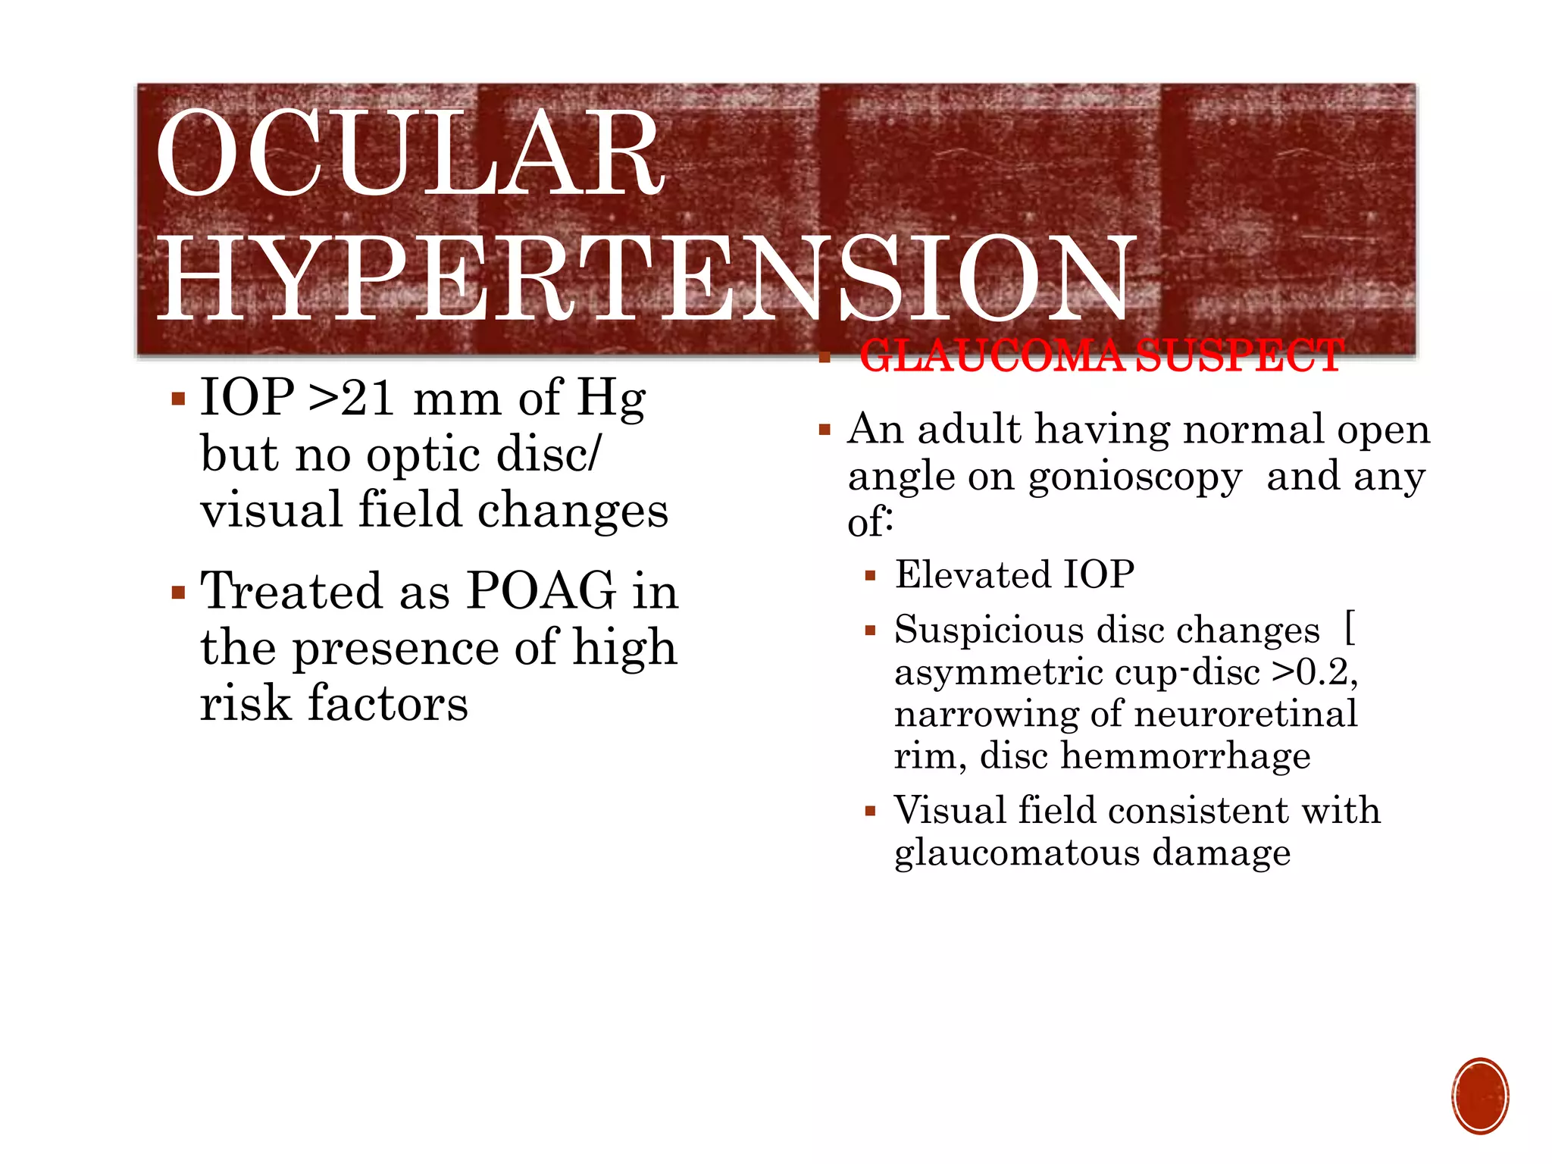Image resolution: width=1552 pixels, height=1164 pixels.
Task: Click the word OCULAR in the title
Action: coord(409,154)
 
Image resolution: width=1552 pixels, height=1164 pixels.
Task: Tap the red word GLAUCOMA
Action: coord(993,356)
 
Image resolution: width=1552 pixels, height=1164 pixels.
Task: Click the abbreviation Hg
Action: coord(611,399)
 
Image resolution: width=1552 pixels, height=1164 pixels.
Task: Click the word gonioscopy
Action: coord(1135,478)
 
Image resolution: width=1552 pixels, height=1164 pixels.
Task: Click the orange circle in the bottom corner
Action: coord(1480,1096)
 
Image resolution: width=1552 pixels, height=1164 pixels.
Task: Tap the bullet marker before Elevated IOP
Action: coord(870,576)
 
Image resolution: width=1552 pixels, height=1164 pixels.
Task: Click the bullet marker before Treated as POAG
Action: coord(178,592)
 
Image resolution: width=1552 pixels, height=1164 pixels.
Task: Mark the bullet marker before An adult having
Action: coord(825,431)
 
